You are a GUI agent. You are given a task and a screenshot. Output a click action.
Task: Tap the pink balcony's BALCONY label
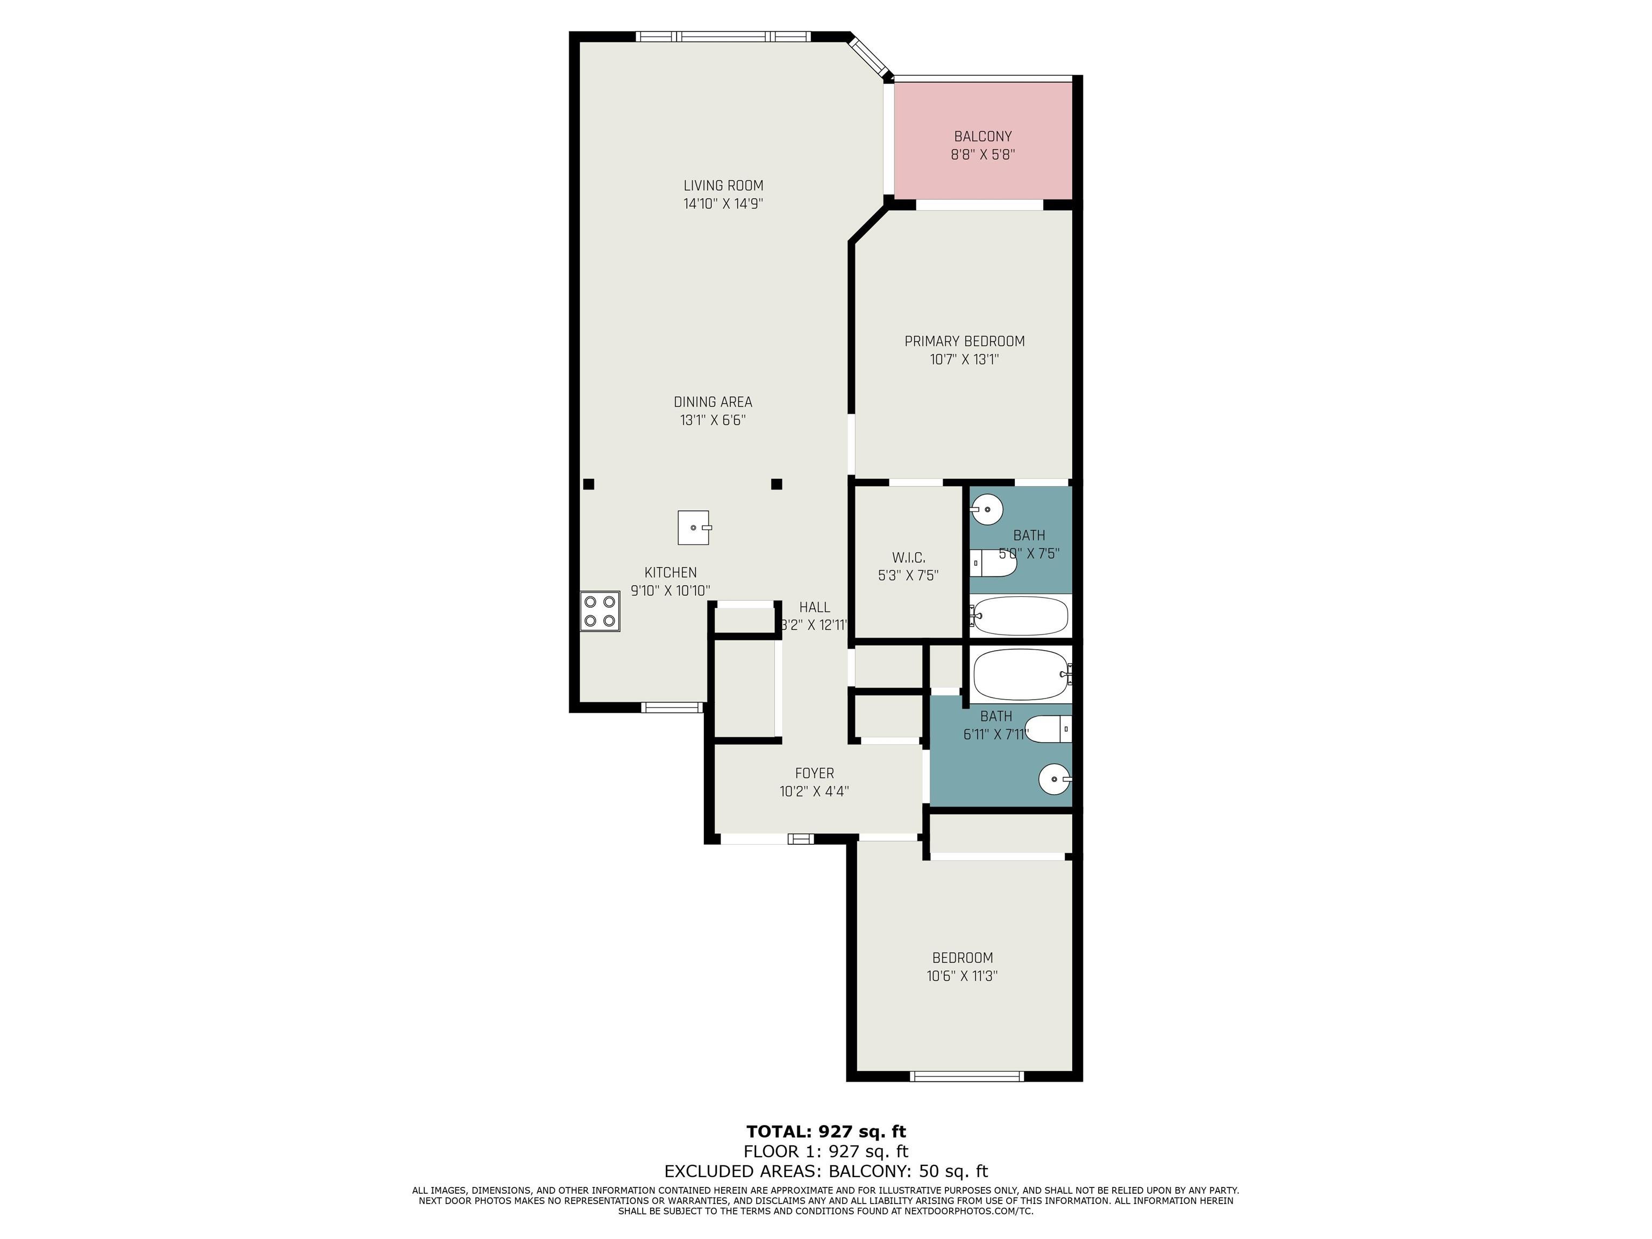(983, 137)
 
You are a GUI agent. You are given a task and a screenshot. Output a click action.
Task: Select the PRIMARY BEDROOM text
(964, 341)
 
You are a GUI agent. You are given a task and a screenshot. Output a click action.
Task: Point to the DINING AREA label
(713, 402)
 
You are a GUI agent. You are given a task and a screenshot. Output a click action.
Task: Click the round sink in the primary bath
(987, 510)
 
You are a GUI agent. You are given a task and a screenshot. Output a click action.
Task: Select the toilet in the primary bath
(993, 563)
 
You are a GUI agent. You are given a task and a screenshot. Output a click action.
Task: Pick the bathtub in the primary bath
(1020, 615)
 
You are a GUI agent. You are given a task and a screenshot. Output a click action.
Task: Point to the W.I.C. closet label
(908, 558)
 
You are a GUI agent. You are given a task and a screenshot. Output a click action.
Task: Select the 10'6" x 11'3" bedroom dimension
(962, 975)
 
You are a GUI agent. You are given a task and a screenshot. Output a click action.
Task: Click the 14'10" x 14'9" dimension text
(723, 204)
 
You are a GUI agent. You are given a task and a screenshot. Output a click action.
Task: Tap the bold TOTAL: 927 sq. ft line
(826, 1131)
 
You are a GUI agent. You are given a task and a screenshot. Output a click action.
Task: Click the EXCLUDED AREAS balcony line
(826, 1171)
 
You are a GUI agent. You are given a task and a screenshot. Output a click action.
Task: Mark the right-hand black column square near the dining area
(777, 484)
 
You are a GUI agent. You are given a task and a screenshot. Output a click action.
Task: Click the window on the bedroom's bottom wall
(966, 1076)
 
